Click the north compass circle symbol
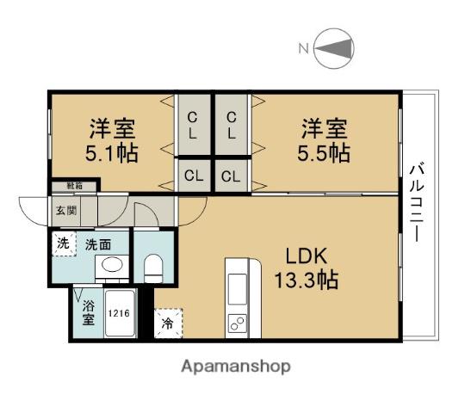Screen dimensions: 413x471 coord(333,49)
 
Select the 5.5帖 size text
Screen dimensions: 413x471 coord(325,153)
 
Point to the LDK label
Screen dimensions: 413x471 coord(306,256)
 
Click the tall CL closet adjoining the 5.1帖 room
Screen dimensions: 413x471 coord(194,126)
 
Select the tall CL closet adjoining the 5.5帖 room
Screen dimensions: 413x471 coord(232,126)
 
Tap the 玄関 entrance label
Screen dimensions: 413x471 coord(66,209)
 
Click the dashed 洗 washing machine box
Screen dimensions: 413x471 coord(64,243)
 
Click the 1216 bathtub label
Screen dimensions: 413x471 coord(119,313)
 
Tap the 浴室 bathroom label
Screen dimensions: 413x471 coord(88,312)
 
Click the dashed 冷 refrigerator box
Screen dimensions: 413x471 coord(168,324)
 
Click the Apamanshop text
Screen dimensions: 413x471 coord(235,366)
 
